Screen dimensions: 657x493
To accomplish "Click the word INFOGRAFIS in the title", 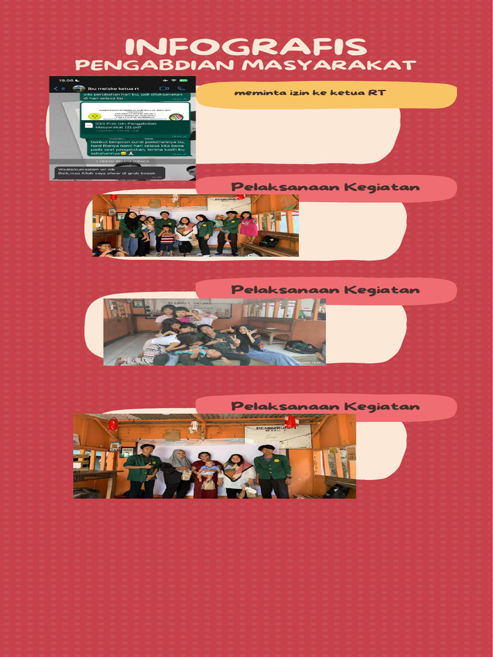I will pos(246,47).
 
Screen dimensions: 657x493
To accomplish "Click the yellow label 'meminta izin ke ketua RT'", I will pos(310,93).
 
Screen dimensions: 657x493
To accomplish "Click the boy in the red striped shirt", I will pos(166,239).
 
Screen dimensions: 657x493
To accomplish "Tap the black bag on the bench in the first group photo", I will pos(269,241).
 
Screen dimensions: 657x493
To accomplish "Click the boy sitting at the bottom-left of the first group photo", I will pos(104,250).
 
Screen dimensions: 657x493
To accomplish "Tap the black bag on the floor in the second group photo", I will pos(302,347).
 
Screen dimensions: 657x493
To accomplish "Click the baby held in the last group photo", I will pos(207,471).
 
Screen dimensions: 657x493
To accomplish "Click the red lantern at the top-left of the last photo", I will pos(113,423).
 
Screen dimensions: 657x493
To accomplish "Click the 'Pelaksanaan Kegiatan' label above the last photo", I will pos(325,407).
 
